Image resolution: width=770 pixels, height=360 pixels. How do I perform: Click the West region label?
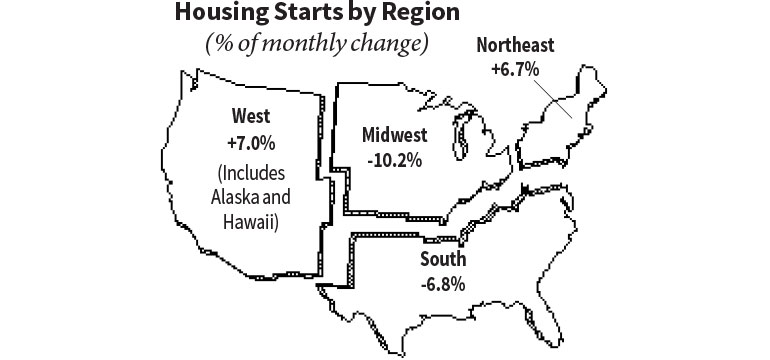(x=250, y=114)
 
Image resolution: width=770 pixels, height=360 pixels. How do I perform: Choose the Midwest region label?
(x=395, y=134)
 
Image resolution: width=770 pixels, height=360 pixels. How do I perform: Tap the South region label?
(x=442, y=259)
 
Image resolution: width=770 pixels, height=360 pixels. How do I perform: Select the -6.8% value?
(x=442, y=283)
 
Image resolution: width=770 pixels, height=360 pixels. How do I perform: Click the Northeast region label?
(x=516, y=46)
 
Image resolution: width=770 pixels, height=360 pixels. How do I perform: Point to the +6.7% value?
(x=516, y=70)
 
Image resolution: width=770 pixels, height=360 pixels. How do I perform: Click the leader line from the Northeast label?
(x=552, y=98)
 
